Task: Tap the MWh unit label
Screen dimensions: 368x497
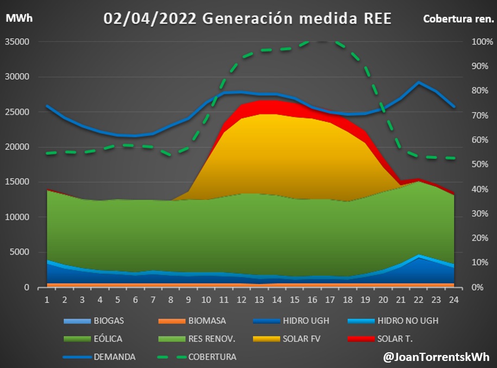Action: click(19, 18)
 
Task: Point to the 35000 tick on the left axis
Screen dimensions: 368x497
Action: click(19, 42)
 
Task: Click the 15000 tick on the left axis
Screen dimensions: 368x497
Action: click(19, 182)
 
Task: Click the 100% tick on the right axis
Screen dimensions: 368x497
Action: click(467, 42)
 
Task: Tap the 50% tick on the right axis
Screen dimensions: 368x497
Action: click(469, 164)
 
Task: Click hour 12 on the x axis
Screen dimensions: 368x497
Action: click(243, 300)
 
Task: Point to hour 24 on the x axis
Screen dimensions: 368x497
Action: click(454, 300)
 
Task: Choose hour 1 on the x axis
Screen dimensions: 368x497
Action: click(47, 300)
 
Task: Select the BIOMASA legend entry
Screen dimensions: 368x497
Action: click(207, 321)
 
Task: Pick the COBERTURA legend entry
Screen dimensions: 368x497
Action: click(212, 357)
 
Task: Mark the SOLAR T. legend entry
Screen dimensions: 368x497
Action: click(395, 339)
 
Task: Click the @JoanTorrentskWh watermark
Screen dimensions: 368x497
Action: click(436, 357)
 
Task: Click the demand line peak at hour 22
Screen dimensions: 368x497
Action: click(418, 83)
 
